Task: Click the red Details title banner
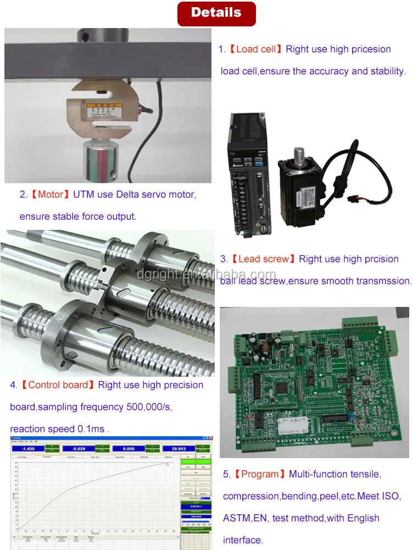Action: tap(216, 13)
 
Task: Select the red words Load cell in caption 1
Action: tap(255, 50)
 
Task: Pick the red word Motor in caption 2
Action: tap(51, 195)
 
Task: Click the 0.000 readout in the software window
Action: tap(127, 448)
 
